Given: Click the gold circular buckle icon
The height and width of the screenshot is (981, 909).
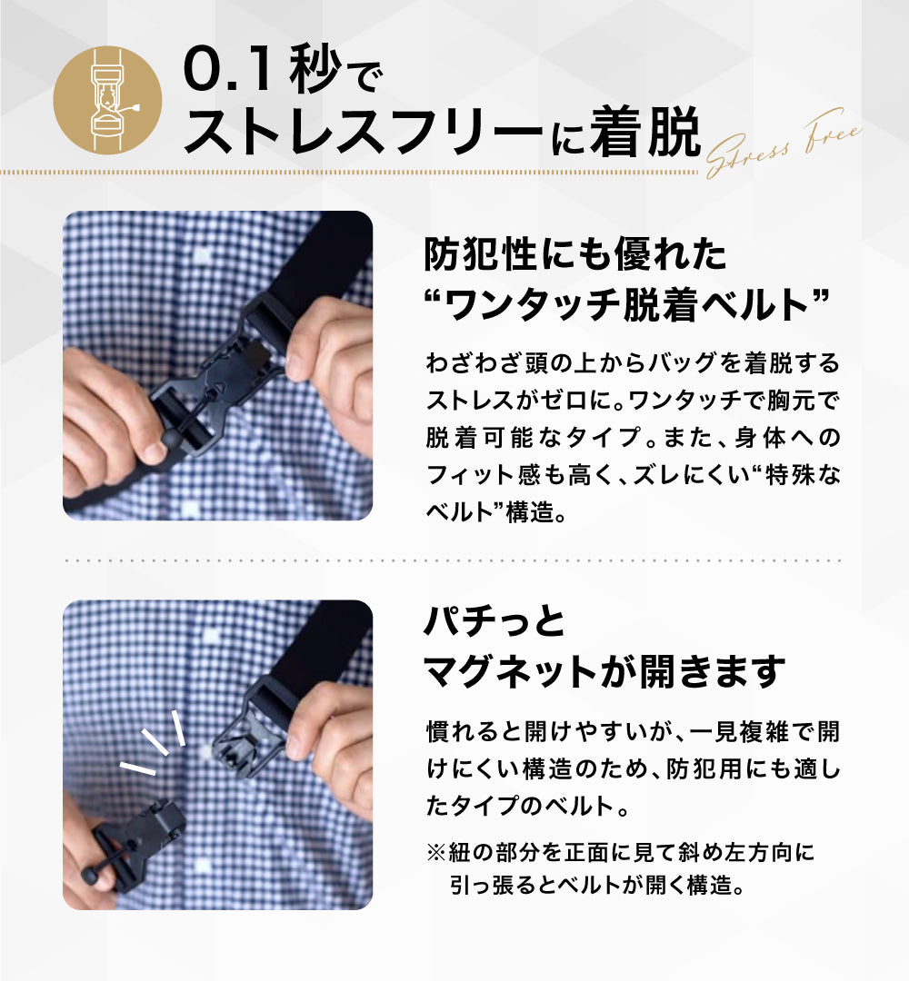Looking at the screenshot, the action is click(107, 100).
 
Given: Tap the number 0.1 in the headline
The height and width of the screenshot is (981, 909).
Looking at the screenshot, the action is click(228, 70).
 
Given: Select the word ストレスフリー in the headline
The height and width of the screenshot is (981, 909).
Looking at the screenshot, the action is click(364, 132).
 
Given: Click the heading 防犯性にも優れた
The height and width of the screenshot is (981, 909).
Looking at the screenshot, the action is click(574, 254).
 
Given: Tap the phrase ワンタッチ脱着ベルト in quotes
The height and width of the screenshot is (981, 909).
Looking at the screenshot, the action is click(626, 304).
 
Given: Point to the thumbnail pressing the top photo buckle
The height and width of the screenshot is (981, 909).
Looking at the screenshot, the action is click(155, 451).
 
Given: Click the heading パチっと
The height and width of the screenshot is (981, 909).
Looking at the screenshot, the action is click(494, 622).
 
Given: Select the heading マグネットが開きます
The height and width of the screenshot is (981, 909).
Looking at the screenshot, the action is click(604, 671).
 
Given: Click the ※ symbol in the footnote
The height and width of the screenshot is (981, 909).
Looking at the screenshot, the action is click(435, 852).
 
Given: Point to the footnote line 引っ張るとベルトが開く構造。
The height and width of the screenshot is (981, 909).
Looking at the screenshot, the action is click(597, 886).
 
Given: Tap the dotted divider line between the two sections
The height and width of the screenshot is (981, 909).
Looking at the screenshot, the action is click(454, 560).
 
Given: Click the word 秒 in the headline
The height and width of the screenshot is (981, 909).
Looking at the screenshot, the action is click(315, 70).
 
